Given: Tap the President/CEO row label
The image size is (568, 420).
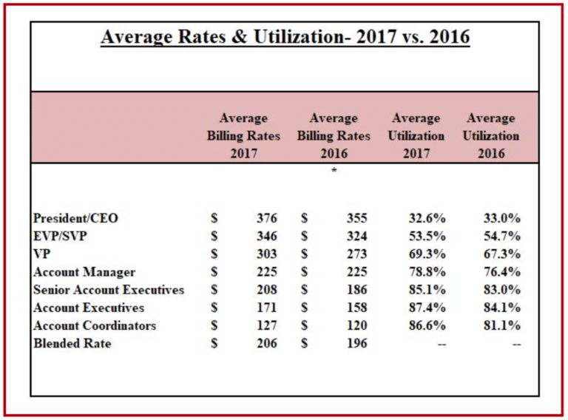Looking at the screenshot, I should pos(75,218).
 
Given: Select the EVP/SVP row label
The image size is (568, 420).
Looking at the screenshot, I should pos(64,236).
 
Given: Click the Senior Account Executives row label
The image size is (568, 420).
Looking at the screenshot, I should pos(108,290).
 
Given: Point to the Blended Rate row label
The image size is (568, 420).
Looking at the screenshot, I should pos(72,343).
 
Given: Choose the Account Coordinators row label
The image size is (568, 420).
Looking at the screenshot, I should pos(95,325).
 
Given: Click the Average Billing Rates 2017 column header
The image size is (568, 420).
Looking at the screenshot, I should pos(243,136).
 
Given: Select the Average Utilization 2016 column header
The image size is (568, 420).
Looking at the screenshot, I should pos(490,136).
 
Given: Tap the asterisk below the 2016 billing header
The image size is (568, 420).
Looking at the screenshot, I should pos(334,172).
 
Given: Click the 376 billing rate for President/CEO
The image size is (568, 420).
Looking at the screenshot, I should pos(266,218).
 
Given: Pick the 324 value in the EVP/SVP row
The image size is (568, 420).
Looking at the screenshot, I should pos(356,236).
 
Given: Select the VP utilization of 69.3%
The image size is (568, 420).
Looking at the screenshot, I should pos(427,254).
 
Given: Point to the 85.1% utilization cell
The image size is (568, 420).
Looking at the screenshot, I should pos(427,290).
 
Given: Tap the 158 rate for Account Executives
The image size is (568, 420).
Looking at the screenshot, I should pos(356,308).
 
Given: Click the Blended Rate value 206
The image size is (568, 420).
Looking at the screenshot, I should pos(266,343).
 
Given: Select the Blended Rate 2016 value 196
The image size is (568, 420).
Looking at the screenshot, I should pos(356,343).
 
